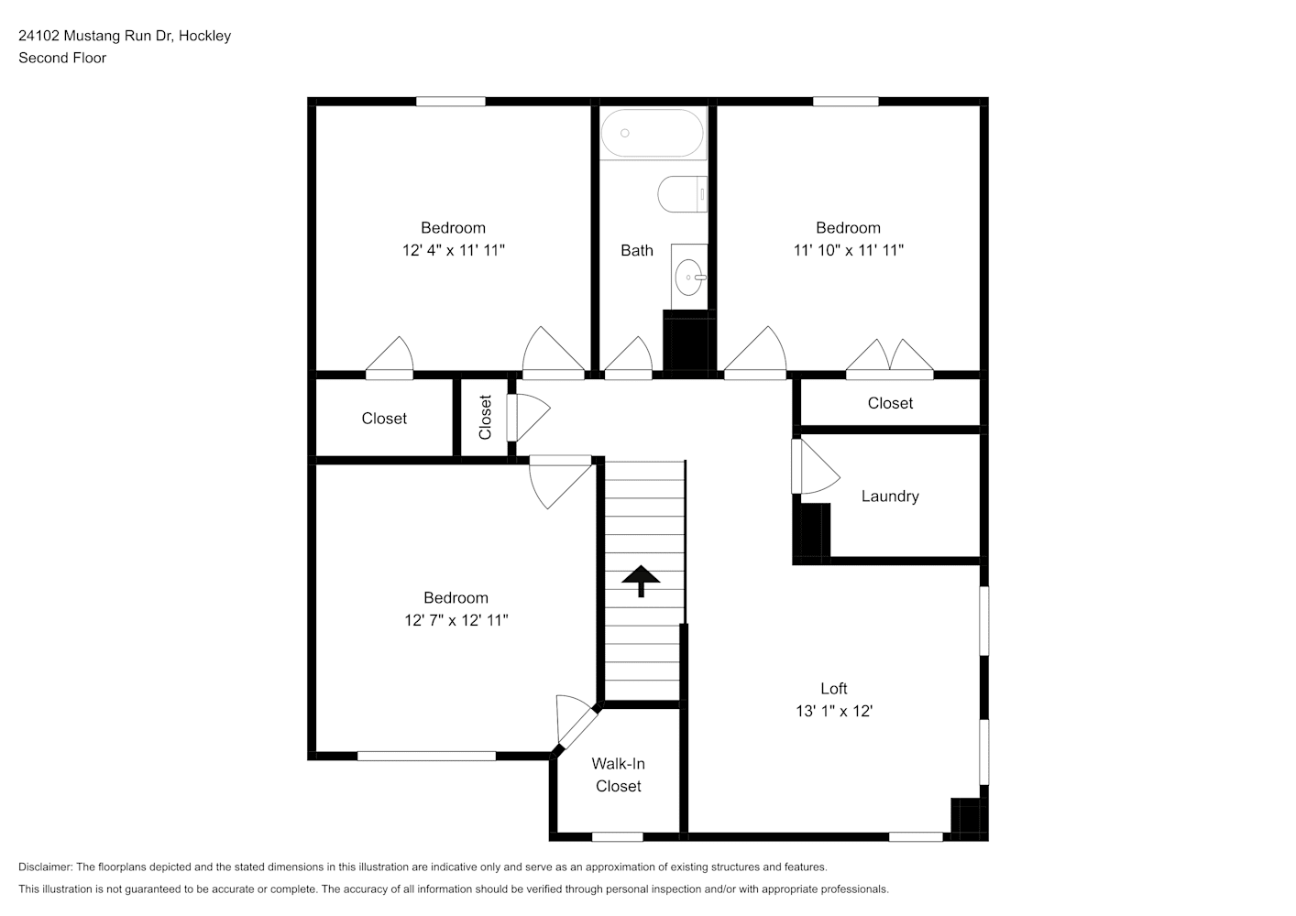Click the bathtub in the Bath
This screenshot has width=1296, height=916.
(653, 134)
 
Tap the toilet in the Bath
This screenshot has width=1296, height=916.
(682, 194)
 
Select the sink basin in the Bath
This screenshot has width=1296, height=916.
(689, 277)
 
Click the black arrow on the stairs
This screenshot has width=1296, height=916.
(641, 581)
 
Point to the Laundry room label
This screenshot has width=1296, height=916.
(890, 496)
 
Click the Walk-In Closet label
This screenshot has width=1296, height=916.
(618, 775)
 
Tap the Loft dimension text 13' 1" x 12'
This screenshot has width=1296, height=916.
(834, 712)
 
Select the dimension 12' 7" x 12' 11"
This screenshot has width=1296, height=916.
(456, 620)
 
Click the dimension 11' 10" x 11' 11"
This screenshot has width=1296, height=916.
(848, 250)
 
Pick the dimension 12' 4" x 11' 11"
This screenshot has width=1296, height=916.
(454, 250)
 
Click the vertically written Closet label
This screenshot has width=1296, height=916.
(485, 417)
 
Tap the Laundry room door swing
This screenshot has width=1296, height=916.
(816, 466)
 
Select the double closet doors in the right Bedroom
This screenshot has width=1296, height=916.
(889, 359)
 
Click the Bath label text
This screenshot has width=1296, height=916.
(636, 250)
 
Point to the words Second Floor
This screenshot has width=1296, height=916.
(62, 58)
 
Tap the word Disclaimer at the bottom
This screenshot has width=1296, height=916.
(46, 867)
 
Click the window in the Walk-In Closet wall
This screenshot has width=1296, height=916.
(618, 837)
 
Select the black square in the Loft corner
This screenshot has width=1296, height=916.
(969, 819)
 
